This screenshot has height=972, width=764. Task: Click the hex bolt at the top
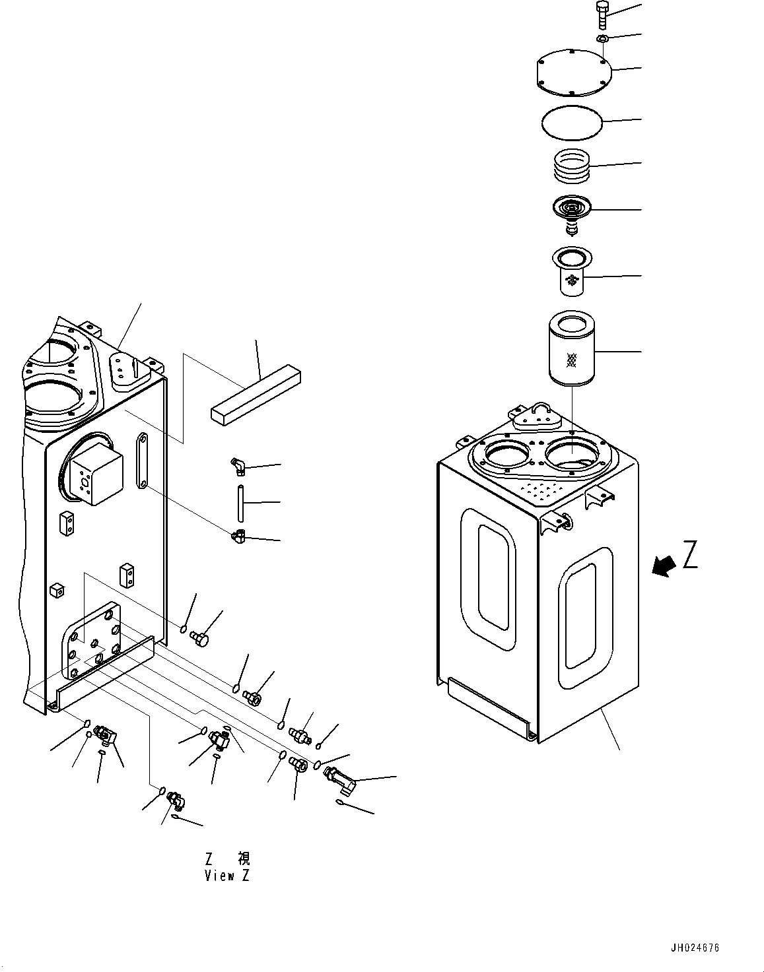pyautogui.click(x=602, y=15)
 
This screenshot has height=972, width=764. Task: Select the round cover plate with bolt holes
pyautogui.click(x=574, y=73)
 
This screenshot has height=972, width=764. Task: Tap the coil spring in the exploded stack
pyautogui.click(x=573, y=166)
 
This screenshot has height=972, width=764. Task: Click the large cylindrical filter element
pyautogui.click(x=572, y=348)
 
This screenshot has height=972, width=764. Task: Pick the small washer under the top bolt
pyautogui.click(x=602, y=39)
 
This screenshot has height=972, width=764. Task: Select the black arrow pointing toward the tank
pyautogui.click(x=664, y=566)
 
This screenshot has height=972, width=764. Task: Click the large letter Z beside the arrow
pyautogui.click(x=689, y=555)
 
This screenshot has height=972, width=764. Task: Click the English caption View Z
pyautogui.click(x=227, y=876)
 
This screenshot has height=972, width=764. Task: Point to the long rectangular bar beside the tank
pyautogui.click(x=256, y=395)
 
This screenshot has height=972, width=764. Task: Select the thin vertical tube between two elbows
pyautogui.click(x=241, y=503)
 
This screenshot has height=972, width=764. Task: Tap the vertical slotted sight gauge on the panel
pyautogui.click(x=142, y=461)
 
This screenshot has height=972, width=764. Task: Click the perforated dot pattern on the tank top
pyautogui.click(x=542, y=491)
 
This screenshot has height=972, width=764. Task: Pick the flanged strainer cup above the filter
pyautogui.click(x=572, y=271)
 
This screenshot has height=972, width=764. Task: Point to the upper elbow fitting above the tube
pyautogui.click(x=238, y=465)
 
